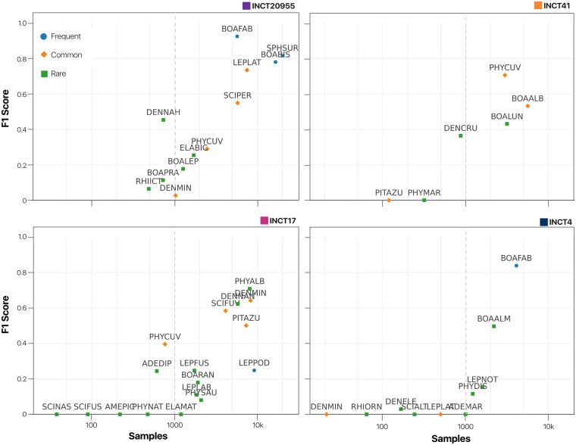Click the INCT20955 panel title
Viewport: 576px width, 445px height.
click(274, 6)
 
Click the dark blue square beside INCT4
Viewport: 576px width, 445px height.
click(543, 222)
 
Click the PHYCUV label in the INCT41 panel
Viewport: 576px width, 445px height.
click(505, 67)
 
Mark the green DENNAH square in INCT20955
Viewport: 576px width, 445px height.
click(163, 120)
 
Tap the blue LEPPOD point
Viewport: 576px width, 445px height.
click(254, 370)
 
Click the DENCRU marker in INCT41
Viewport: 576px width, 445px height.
click(461, 135)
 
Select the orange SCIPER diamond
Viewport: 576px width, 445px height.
click(237, 103)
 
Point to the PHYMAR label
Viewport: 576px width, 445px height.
click(424, 193)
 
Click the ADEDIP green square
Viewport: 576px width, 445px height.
click(157, 371)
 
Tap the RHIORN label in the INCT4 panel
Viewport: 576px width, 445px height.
click(366, 406)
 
